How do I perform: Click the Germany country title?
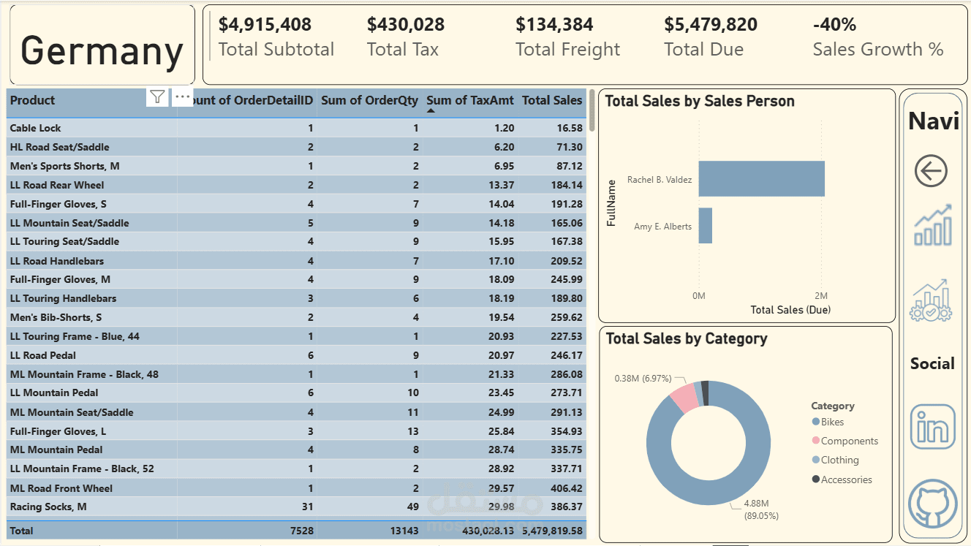[x=102, y=50]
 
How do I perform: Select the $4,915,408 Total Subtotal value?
[x=265, y=24]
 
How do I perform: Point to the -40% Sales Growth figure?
[x=834, y=24]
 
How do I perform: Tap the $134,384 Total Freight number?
[x=554, y=24]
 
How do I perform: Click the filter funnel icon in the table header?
[x=157, y=97]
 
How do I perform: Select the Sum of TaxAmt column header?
[x=470, y=101]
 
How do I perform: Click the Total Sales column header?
[x=552, y=101]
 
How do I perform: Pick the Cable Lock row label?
[x=36, y=128]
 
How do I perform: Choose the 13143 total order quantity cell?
[x=404, y=531]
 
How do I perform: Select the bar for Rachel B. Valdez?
[x=761, y=179]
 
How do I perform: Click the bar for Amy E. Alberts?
[x=705, y=226]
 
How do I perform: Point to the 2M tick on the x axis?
[x=821, y=295]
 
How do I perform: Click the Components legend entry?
[x=848, y=441]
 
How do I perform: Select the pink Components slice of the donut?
[x=684, y=397]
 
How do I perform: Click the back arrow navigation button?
[x=931, y=172]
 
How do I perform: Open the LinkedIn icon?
[x=932, y=426]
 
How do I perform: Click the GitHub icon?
[x=932, y=504]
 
